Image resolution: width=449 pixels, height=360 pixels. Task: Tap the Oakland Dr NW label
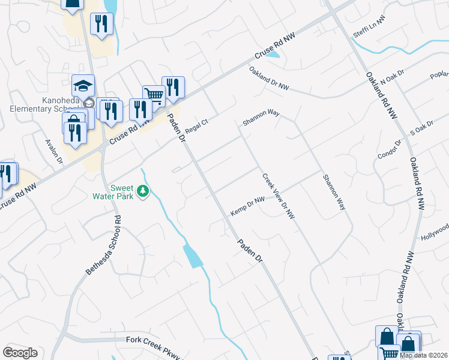pyautogui.click(x=270, y=79)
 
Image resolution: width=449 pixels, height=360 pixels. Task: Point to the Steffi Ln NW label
pyautogui.click(x=369, y=28)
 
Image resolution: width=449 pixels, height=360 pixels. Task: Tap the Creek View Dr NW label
pyautogui.click(x=278, y=196)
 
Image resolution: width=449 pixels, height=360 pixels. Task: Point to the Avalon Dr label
pyautogui.click(x=54, y=152)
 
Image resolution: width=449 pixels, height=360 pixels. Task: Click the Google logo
pyautogui.click(x=20, y=353)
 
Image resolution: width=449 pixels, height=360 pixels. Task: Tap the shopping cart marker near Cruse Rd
pyautogui.click(x=154, y=95)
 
